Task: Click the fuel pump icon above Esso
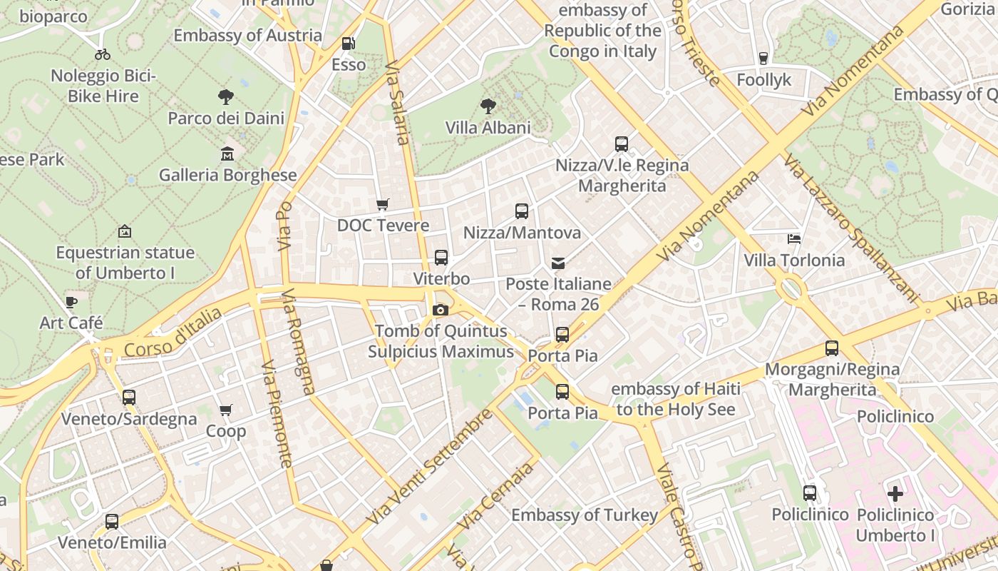click(348, 44)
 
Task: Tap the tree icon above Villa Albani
click(488, 107)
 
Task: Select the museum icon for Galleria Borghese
click(227, 153)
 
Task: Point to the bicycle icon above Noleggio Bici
click(103, 54)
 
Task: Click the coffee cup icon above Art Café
click(71, 302)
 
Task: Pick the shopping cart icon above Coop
click(226, 410)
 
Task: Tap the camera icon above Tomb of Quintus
click(441, 310)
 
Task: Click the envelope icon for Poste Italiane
click(558, 263)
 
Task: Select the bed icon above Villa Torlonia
click(794, 238)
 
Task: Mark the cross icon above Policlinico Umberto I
click(895, 493)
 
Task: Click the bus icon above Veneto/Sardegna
click(129, 398)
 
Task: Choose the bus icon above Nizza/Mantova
click(522, 211)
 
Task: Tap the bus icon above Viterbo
click(441, 258)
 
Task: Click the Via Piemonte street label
click(277, 414)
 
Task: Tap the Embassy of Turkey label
click(585, 515)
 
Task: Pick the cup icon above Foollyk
click(763, 59)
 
